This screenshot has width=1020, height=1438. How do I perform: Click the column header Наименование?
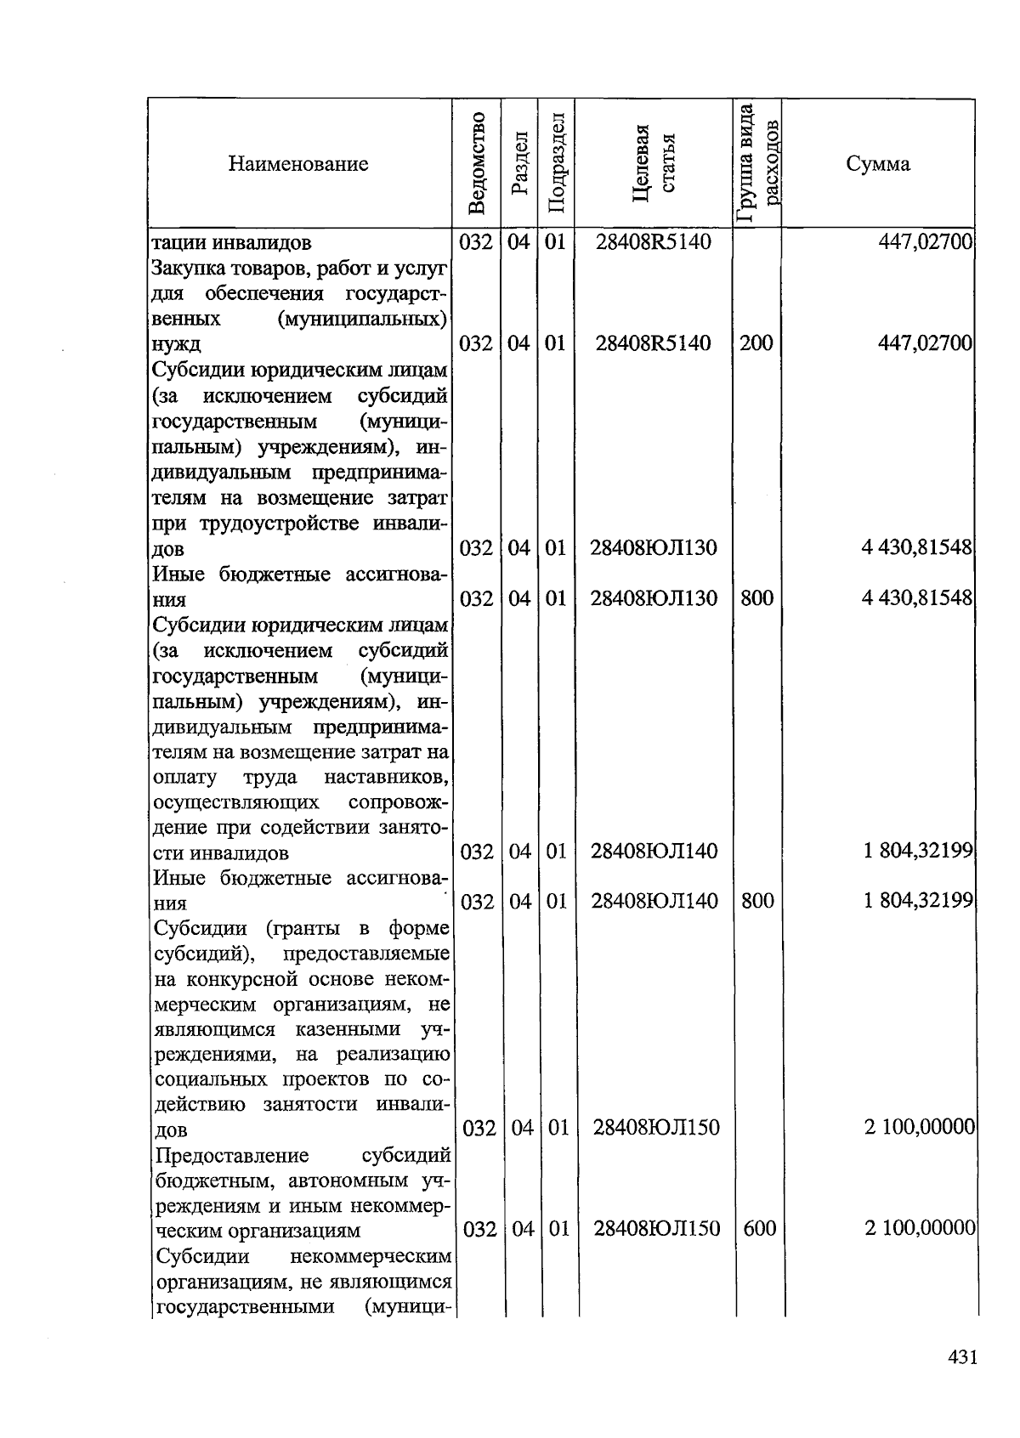pos(297,164)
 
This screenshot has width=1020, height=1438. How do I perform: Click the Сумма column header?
pos(877,164)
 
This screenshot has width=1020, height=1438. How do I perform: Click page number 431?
pos(962,1357)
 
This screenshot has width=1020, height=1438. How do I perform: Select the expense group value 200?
pos(756,343)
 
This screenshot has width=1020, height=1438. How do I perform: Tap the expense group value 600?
pos(759,1228)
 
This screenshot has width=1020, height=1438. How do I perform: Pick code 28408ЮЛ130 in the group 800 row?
pos(654,598)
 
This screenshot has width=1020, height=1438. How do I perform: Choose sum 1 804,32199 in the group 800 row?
pos(918,901)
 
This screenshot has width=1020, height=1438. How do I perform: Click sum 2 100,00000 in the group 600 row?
pos(920,1228)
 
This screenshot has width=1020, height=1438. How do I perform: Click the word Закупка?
pos(189,269)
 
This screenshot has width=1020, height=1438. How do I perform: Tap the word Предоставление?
pos(232,1156)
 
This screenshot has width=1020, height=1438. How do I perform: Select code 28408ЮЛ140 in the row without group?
pos(654,851)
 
